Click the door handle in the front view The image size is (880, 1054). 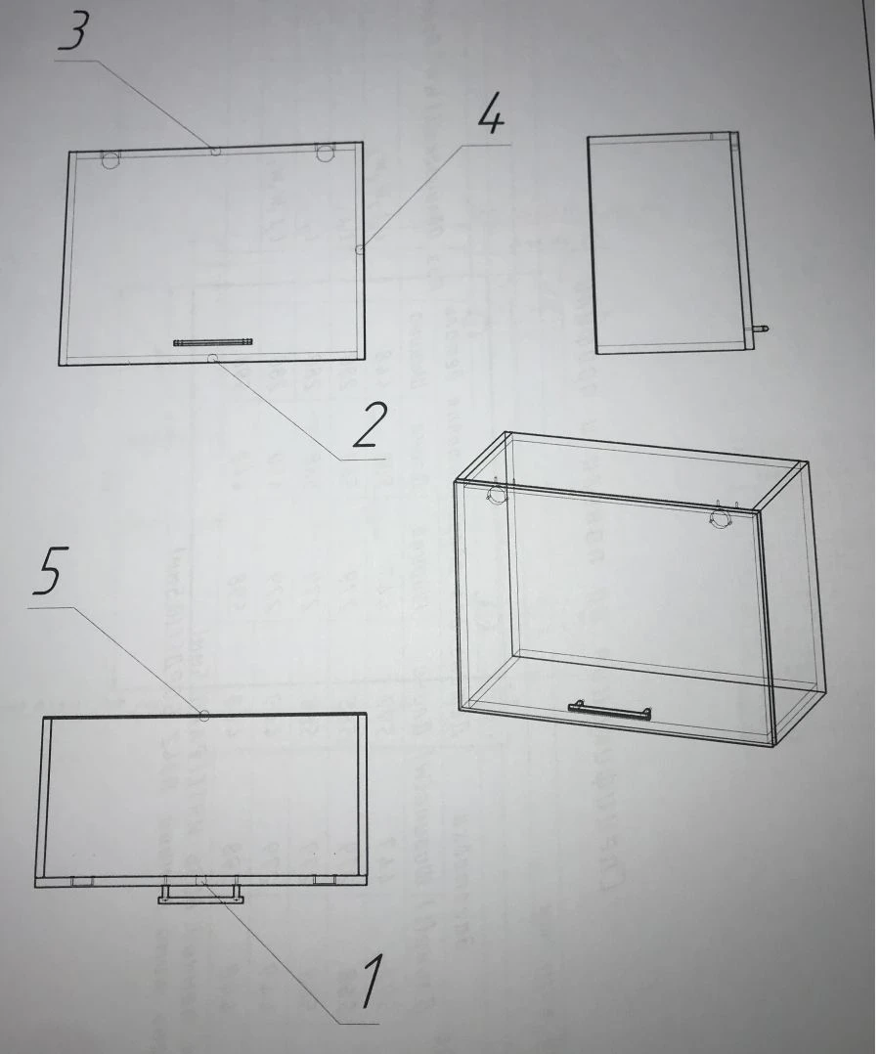[x=213, y=341]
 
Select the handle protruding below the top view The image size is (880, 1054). [x=199, y=894]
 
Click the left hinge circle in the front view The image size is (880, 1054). [x=110, y=158]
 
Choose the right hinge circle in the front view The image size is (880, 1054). [x=325, y=153]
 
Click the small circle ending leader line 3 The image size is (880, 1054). [x=216, y=152]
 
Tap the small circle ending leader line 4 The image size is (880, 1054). [x=360, y=250]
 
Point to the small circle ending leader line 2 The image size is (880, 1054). [x=212, y=359]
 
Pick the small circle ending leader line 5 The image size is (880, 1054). [x=203, y=716]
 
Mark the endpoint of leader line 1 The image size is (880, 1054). [x=202, y=880]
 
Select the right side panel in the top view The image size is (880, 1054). [x=362, y=797]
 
